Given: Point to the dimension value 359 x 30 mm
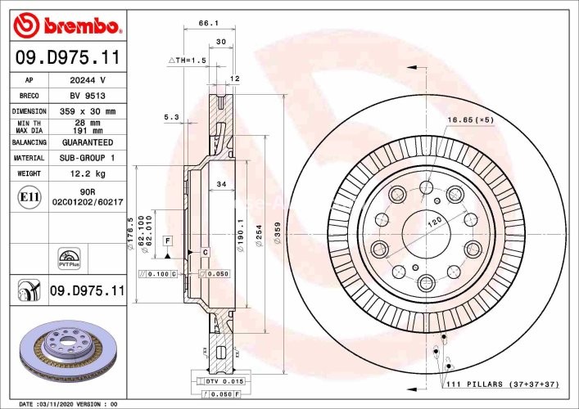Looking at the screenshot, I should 88,111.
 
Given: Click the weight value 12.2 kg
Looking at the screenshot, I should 88,173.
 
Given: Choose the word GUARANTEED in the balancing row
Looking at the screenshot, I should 88,142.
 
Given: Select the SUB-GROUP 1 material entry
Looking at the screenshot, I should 88,157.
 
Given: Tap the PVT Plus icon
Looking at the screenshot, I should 68,256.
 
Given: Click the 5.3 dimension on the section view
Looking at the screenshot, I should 171,118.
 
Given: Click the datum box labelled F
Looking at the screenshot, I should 167,240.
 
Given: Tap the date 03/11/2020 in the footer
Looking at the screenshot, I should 57,404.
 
